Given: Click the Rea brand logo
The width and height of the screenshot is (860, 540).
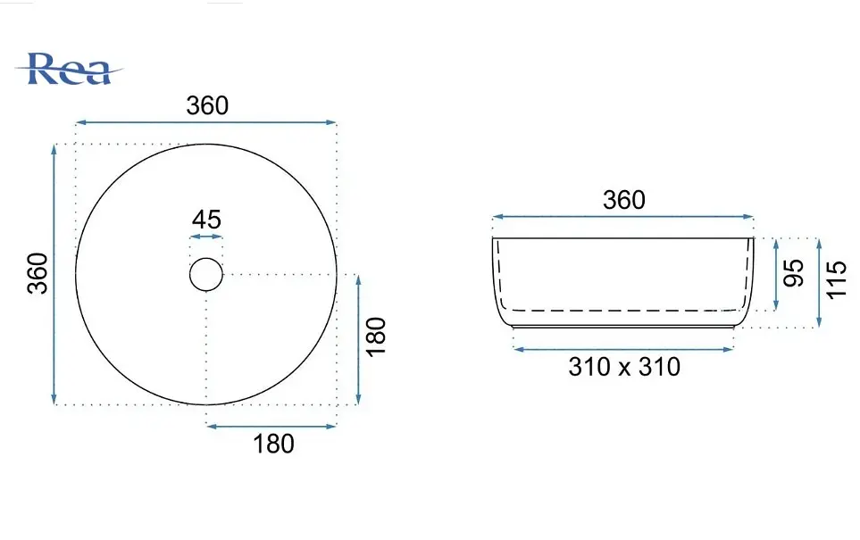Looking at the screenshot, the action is click(x=70, y=69).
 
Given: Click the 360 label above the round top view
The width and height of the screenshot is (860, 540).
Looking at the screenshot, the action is click(x=207, y=105).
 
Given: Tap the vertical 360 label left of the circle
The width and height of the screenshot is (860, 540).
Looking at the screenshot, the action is click(x=38, y=273).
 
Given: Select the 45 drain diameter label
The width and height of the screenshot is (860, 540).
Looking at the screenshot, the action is click(x=206, y=220).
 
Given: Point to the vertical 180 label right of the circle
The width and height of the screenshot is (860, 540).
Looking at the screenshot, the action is click(x=376, y=336).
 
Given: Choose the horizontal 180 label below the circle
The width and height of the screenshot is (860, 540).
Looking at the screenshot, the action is click(x=273, y=444).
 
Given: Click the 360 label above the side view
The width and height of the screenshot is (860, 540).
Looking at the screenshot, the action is click(x=624, y=200).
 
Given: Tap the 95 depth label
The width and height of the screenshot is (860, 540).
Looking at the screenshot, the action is click(x=793, y=272).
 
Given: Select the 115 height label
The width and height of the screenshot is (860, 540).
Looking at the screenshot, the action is click(x=837, y=279).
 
